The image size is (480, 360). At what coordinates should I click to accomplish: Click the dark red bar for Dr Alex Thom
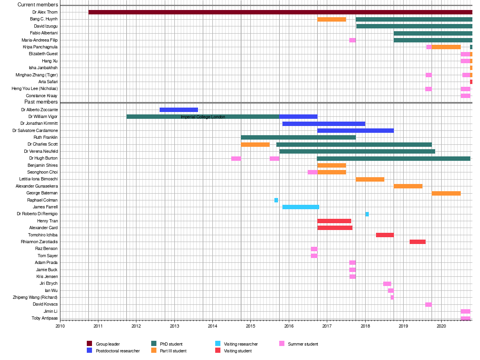click(280, 12)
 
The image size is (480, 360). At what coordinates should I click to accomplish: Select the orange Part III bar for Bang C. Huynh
click(332, 19)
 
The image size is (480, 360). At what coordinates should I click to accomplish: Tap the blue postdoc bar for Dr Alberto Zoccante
click(178, 110)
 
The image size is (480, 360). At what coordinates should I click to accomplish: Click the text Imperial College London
click(203, 117)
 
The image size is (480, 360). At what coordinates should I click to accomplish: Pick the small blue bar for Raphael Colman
click(276, 200)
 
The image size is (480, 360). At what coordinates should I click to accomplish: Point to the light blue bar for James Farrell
click(300, 207)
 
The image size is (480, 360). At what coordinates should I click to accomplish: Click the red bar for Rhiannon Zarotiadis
click(417, 242)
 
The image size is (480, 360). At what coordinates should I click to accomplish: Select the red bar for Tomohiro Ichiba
click(385, 235)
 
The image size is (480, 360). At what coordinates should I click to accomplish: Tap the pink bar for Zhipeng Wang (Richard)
click(392, 297)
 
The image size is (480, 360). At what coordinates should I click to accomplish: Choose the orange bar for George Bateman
click(446, 193)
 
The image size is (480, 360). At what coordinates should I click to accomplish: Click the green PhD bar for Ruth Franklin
click(298, 138)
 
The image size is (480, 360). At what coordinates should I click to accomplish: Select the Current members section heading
click(38, 5)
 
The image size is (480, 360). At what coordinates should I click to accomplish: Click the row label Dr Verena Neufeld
click(41, 151)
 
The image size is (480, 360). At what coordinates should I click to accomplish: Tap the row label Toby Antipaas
click(45, 318)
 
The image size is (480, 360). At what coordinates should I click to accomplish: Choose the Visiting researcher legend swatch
click(218, 344)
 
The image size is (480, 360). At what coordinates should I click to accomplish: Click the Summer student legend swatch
click(282, 344)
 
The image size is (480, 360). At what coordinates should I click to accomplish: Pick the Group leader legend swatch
click(90, 344)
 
